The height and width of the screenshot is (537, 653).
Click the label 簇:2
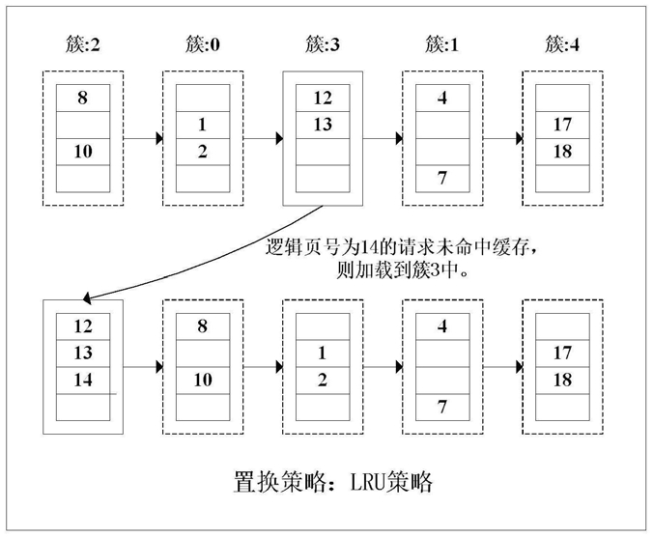point(83,44)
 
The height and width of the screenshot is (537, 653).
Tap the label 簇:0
point(203,44)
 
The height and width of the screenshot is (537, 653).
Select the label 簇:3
point(323,44)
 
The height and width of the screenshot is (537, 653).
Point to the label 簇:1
point(441,44)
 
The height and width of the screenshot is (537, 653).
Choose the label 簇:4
point(562,44)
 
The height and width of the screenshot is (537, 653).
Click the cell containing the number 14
point(83,381)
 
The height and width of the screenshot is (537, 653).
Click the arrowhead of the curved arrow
point(87,298)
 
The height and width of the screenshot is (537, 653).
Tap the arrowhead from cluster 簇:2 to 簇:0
point(159,138)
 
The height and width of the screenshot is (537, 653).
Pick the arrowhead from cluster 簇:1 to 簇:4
point(520,138)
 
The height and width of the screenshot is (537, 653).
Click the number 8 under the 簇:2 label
point(82,98)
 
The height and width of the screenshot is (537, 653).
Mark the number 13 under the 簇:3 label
point(323,125)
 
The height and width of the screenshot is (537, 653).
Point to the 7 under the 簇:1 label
point(442,178)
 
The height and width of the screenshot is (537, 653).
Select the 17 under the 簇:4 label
point(562,125)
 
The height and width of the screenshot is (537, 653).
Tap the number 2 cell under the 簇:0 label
point(203,152)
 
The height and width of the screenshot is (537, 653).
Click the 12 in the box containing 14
point(83,326)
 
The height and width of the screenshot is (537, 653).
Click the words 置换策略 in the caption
point(280,483)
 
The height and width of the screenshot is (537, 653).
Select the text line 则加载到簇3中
point(402,271)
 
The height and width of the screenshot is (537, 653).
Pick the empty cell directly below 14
point(83,408)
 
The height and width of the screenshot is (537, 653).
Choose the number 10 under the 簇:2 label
point(83,152)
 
